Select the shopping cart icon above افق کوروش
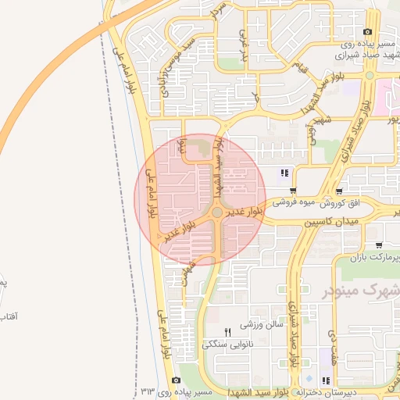click(338, 191)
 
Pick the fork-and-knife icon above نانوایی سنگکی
click(227, 332)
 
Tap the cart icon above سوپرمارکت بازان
click(379, 245)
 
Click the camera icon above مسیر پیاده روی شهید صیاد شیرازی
click(367, 31)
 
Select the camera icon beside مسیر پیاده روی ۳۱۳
click(176, 380)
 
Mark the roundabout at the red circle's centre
click(216, 212)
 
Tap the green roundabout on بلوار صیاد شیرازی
click(369, 76)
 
